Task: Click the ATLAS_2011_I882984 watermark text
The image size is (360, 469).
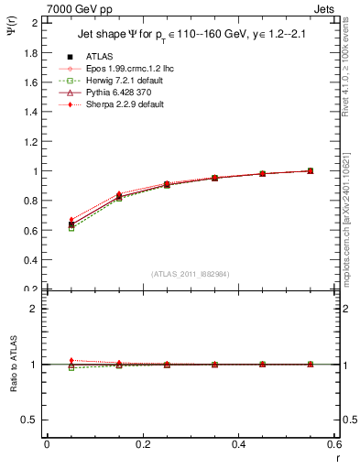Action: click(x=191, y=274)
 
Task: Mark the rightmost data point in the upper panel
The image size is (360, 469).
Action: click(x=311, y=171)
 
